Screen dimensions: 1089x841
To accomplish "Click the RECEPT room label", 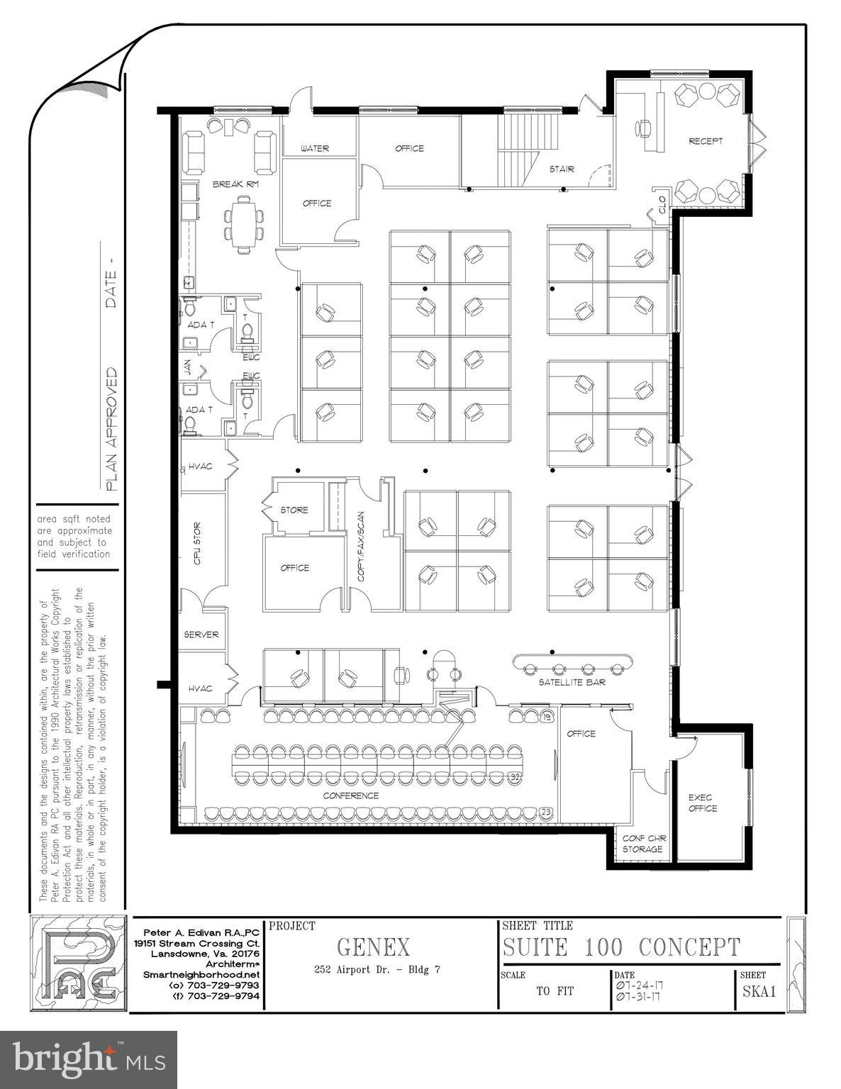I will pos(706,141).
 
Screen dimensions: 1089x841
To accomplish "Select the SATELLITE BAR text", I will pos(572,682).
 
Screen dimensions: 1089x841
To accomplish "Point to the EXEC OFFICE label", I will pos(703,803).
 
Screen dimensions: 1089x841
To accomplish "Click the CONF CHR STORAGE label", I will pos(642,843).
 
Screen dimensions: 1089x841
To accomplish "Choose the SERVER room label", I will pos(201,635).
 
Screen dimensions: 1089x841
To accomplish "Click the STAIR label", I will pos(562,169).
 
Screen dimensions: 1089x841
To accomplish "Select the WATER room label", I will pos(315,148).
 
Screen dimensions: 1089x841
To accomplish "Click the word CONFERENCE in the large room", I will pos(350,795).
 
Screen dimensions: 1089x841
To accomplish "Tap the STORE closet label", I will pos(294,510).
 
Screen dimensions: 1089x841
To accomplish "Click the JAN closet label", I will pos(188,367).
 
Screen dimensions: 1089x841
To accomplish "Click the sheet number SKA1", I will pos(759,991).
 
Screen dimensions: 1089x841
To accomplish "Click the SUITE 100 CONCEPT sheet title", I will pos(621,947).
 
